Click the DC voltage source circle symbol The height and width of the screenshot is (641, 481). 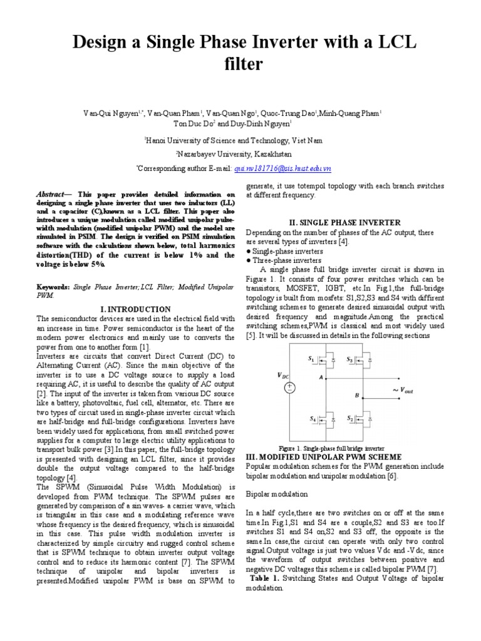point(291,388)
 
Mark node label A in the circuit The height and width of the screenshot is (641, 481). point(321,377)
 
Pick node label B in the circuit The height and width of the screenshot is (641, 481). point(357,396)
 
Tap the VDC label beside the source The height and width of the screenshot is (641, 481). point(284,376)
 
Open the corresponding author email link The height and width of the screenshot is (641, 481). point(282,168)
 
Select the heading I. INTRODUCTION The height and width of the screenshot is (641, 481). point(135,309)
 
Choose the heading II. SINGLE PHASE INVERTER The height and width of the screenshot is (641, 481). point(344,223)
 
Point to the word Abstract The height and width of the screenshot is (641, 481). point(51,195)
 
